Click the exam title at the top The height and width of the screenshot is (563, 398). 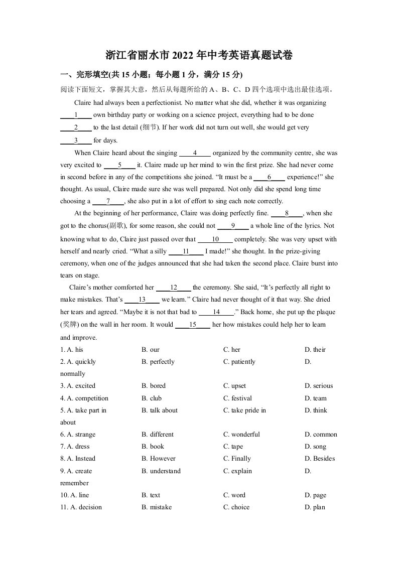click(199, 55)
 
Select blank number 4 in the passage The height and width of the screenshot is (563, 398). click(195, 153)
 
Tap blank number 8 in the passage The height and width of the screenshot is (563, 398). click(287, 213)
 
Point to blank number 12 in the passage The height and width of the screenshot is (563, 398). click(174, 288)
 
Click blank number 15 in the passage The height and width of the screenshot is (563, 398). click(192, 325)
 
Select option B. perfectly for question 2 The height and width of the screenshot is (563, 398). click(158, 362)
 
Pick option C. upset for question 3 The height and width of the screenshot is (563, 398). click(234, 386)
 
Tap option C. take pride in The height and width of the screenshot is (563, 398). click(244, 410)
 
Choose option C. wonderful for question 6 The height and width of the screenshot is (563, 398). click(241, 435)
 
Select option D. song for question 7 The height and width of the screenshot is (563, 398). click(315, 447)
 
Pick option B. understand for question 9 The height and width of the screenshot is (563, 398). click(161, 471)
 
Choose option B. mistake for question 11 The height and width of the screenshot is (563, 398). click(157, 507)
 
